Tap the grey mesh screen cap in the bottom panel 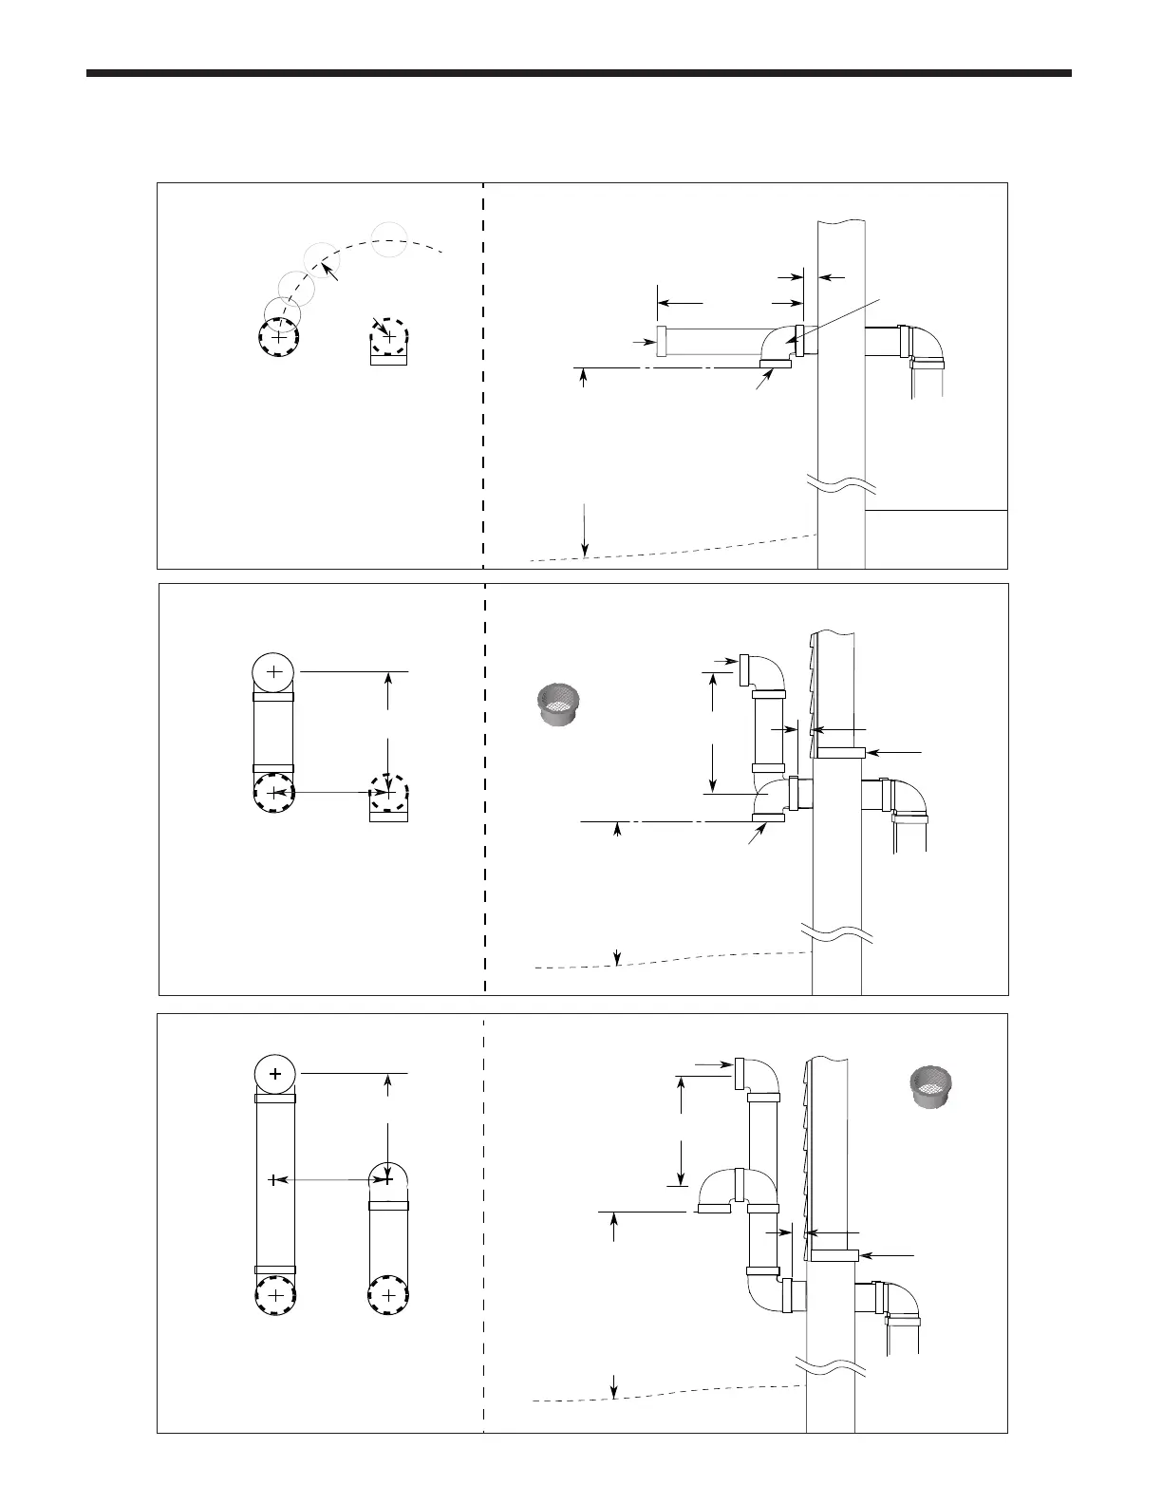931,1086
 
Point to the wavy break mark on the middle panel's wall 836,933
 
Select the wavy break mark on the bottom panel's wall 830,1364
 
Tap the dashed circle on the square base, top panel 387,337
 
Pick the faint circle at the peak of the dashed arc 389,238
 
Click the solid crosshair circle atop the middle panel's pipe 273,672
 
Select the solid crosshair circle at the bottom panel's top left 275,1074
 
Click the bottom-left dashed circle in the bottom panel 275,1295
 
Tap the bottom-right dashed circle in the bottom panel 387,1295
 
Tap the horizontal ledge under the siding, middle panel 839,752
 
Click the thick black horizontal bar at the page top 579,73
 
